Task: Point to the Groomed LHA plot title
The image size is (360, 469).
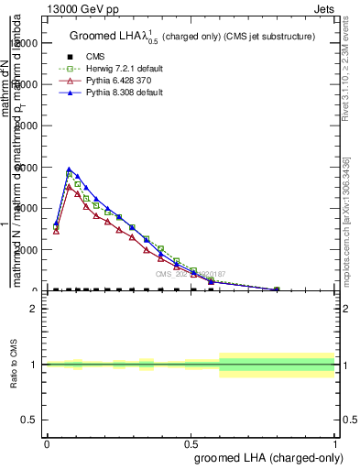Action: (x=192, y=36)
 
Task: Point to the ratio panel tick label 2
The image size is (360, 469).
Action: (x=34, y=309)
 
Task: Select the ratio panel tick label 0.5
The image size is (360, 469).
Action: (x=30, y=420)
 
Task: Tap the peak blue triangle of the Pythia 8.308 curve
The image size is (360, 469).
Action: (x=69, y=169)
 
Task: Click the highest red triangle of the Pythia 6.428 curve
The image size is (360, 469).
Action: (x=69, y=187)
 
